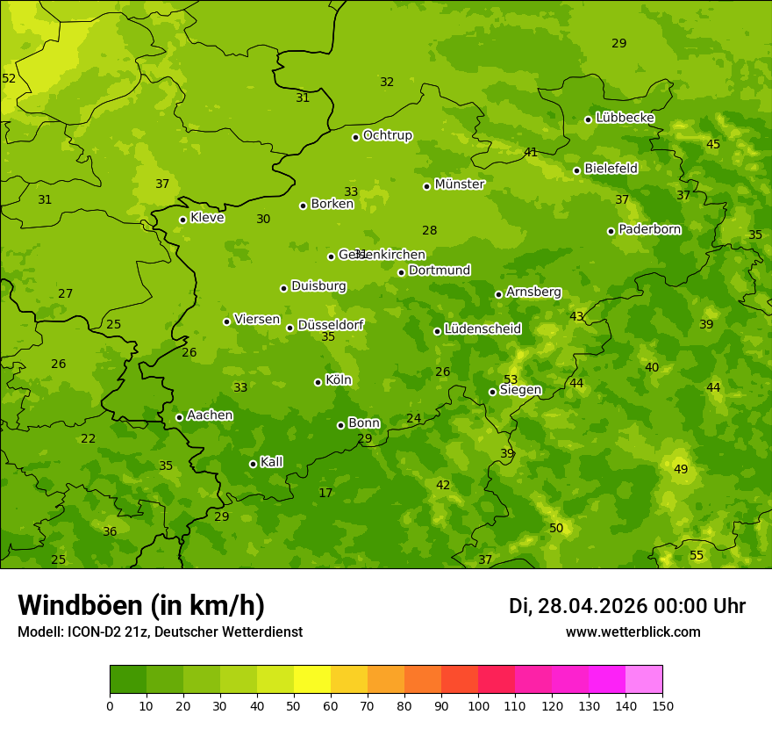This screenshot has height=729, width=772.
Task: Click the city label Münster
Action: point(459,184)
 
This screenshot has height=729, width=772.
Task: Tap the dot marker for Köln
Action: point(318,382)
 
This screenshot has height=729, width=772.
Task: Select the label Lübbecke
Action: point(625,118)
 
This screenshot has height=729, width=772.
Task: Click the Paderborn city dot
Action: point(611,231)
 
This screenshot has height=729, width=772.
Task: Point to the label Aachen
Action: point(210,415)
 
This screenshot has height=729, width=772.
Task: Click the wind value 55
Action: point(697,556)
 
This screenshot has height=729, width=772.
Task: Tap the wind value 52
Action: point(9,79)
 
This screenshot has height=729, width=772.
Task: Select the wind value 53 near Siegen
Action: point(511,379)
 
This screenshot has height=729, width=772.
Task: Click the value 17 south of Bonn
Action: point(325,494)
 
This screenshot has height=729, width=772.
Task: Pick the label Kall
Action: point(271,462)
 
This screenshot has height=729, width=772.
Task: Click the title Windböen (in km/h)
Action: point(141,605)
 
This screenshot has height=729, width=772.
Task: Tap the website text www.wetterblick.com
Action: point(633,632)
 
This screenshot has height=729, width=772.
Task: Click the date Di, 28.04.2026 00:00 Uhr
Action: point(627,606)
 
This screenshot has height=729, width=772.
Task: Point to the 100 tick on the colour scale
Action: point(478,705)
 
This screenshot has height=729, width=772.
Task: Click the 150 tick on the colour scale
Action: point(662,705)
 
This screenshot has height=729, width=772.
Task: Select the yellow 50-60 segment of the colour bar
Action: point(312,680)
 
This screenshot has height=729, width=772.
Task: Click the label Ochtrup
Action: point(387,135)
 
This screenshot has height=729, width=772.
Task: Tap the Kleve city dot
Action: point(182,220)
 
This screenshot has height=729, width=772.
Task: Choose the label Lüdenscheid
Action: point(482,329)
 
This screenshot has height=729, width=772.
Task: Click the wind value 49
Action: point(681,470)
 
